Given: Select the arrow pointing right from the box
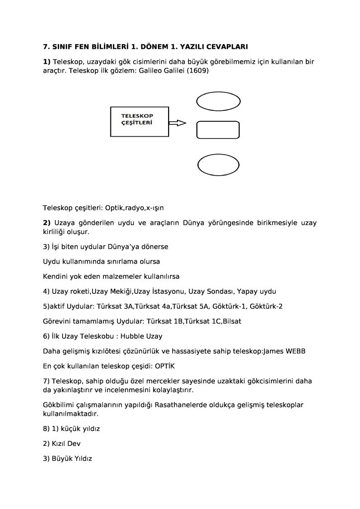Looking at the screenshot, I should click(178, 123).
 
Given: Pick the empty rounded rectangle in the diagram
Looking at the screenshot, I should click(212, 130).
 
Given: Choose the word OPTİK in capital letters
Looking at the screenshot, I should click(161, 366).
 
